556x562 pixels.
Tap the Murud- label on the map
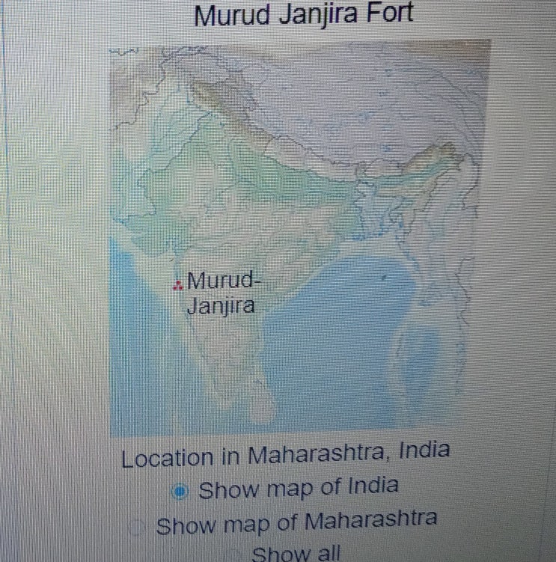coord(222,282)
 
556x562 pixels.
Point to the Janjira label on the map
coord(220,306)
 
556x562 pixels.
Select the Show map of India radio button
coord(180,492)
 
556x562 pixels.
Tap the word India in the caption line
coord(425,450)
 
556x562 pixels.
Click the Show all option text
coord(296,555)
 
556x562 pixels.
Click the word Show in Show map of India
coord(229,491)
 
